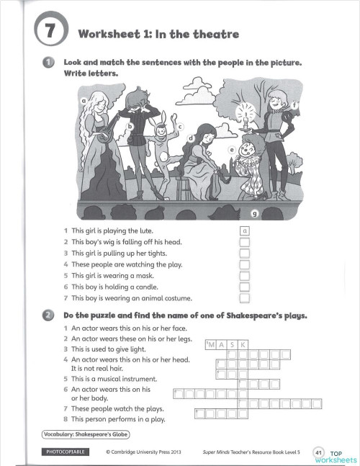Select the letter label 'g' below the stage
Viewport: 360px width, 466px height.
(x=253, y=214)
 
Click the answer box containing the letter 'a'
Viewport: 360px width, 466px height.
(x=245, y=230)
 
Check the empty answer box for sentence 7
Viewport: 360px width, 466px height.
(x=245, y=297)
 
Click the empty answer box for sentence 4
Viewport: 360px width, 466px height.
(x=245, y=264)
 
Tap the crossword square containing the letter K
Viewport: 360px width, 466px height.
(x=243, y=345)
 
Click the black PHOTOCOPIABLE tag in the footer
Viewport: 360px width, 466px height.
(x=66, y=451)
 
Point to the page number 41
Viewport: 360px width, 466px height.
(x=319, y=452)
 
